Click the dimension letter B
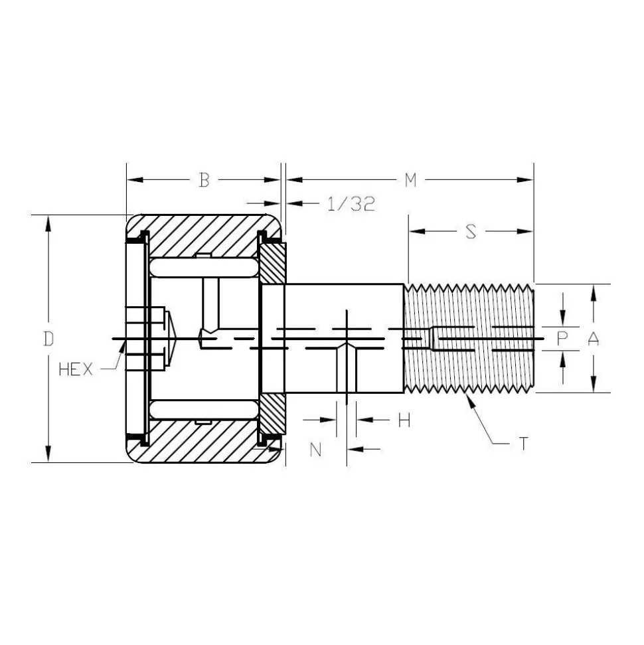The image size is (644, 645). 204,180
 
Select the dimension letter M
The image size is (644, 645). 410,180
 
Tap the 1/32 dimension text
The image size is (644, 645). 351,204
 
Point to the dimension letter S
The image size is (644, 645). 471,232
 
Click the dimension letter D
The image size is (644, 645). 49,339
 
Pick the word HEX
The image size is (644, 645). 76,369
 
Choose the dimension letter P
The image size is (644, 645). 562,339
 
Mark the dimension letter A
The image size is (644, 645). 593,339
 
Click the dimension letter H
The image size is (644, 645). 404,420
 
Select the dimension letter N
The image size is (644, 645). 315,450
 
